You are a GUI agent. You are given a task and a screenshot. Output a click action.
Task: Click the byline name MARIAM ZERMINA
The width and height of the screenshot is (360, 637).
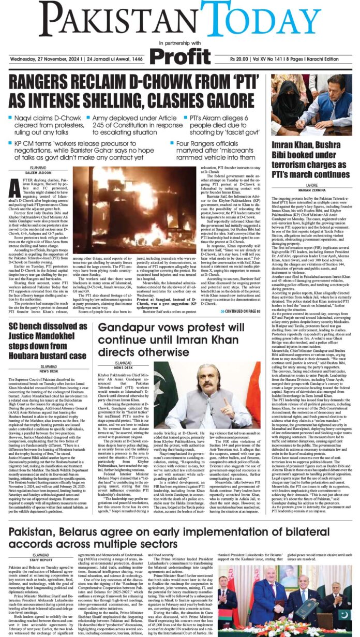(311, 190)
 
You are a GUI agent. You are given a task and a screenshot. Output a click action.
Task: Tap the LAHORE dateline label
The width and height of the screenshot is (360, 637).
(311, 185)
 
